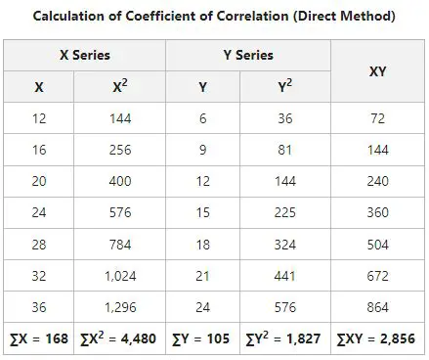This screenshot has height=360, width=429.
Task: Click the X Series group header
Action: pos(85,56)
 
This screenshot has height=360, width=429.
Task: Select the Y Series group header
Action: pos(248,56)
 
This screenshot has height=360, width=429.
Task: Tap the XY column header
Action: pos(376,70)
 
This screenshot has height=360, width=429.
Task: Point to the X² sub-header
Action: pos(119,87)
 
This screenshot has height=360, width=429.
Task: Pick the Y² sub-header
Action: pos(284,87)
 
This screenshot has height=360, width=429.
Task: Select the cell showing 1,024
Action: pos(120,277)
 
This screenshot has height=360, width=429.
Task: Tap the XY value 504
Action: pos(376,245)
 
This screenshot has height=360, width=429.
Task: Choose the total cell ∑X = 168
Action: pos(38,340)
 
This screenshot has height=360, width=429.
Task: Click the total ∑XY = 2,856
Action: pos(376,340)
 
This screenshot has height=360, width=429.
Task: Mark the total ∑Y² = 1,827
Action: pos(284,340)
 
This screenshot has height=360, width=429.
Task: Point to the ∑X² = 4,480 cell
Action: pos(120,340)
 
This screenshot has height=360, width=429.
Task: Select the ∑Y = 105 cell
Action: pos(202,340)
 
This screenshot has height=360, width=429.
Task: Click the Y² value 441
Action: pos(284,277)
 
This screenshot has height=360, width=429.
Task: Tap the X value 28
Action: pos(38,245)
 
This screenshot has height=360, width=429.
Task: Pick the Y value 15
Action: pos(202,213)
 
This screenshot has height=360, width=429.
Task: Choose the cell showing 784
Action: pos(120,245)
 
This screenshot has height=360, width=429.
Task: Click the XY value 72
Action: pos(376,118)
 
